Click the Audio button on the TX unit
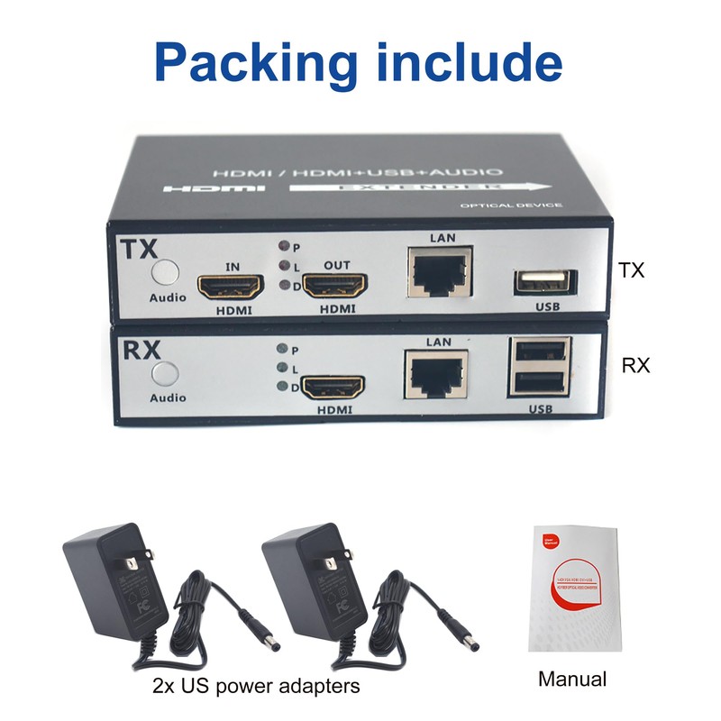coord(165,272)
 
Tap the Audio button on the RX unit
coord(165,374)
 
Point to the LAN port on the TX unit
coord(439,269)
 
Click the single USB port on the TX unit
coord(543,281)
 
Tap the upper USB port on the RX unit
coord(541,351)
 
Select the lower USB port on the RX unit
coord(541,382)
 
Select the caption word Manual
coord(572,679)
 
